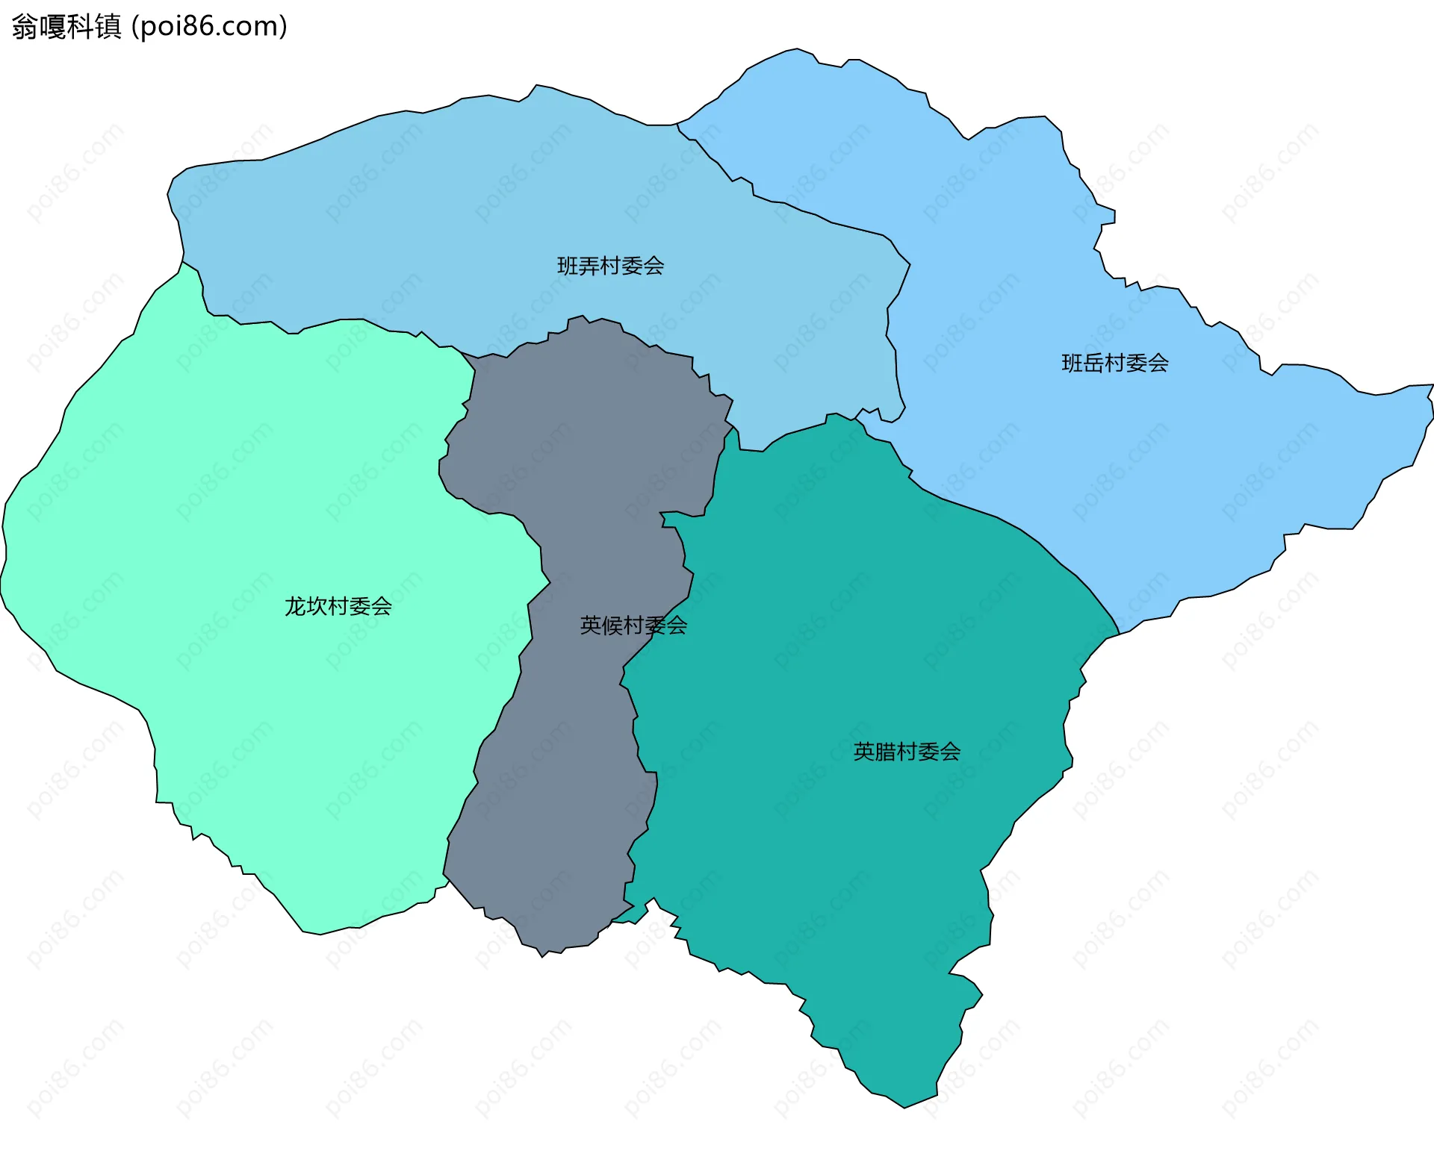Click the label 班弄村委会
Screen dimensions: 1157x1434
click(610, 266)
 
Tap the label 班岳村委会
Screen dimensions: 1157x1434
click(1115, 364)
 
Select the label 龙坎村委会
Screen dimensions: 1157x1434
click(338, 606)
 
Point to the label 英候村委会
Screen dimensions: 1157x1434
click(633, 626)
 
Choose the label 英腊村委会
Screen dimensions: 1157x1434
click(907, 752)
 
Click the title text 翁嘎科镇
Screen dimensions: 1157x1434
click(66, 27)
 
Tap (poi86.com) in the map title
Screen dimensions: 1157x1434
click(209, 27)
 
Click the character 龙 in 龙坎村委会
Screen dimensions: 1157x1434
click(296, 606)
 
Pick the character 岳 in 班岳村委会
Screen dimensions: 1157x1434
click(1094, 364)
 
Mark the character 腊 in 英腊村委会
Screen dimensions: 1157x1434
click(886, 752)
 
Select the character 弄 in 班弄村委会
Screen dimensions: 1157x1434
click(589, 266)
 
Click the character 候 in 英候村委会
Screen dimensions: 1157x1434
click(612, 626)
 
